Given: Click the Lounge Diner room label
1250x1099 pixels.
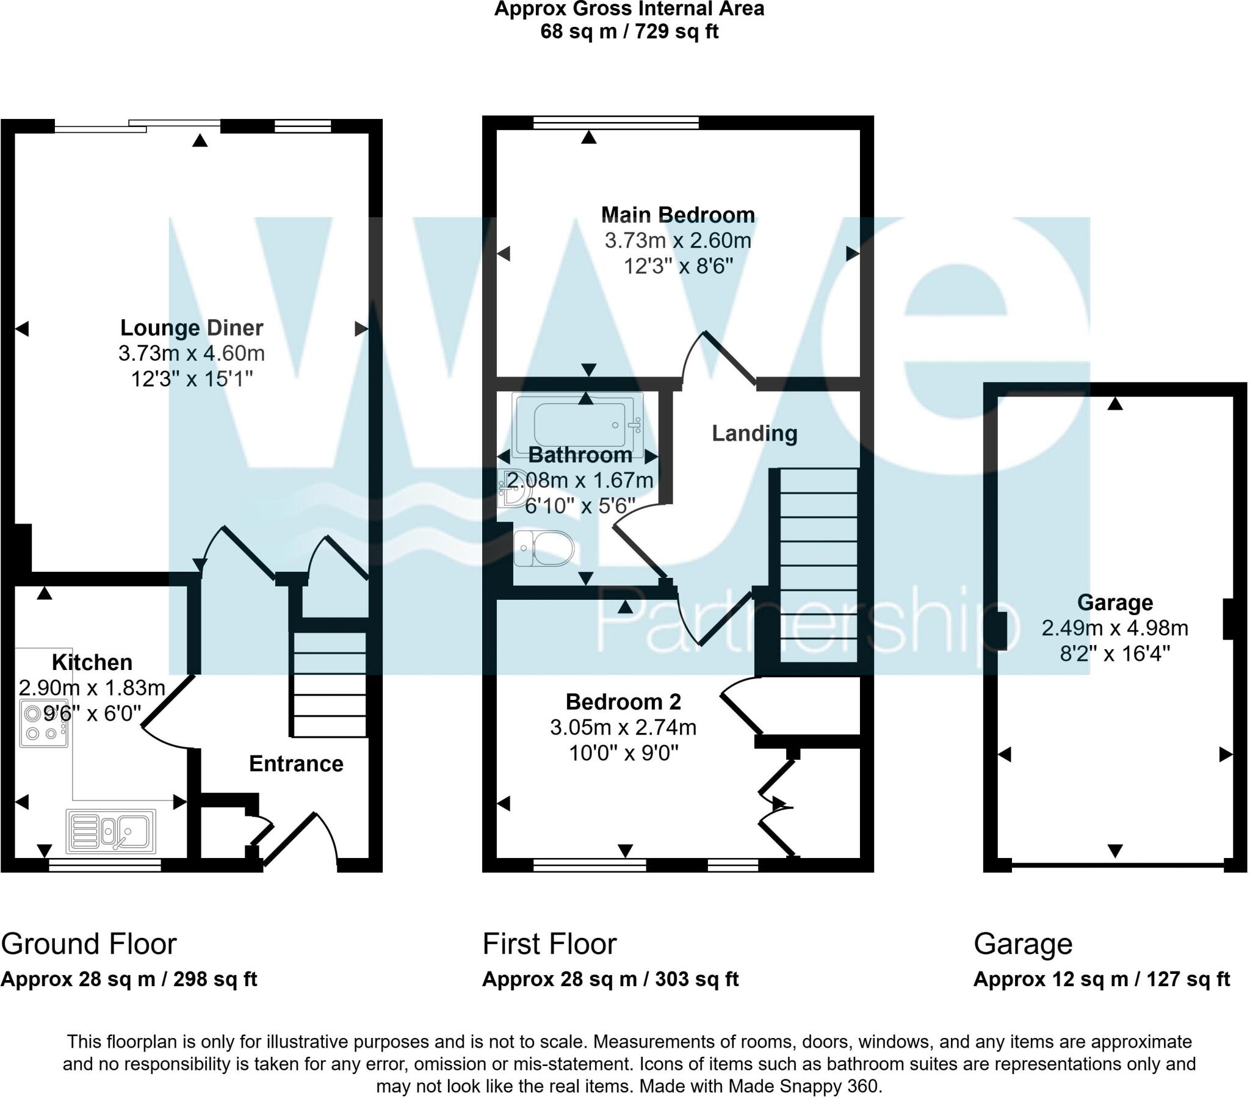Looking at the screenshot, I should (192, 328).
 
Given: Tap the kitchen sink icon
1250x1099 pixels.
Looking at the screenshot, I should (110, 831).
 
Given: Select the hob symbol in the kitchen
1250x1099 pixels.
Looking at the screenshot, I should (44, 724).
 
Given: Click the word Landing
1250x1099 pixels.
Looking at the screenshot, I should (754, 434).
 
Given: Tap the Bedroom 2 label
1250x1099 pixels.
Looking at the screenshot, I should (623, 702).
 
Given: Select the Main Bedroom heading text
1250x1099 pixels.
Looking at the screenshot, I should (677, 215).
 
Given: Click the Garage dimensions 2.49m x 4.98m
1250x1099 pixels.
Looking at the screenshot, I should (1115, 628).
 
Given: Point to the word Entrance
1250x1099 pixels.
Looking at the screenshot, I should (296, 764).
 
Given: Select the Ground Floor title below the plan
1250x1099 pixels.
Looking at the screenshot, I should (89, 943).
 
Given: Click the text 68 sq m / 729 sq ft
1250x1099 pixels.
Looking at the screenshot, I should (629, 31).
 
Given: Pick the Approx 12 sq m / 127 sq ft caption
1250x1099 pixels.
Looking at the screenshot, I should (1102, 979).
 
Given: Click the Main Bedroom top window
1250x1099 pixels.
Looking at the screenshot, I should (616, 123).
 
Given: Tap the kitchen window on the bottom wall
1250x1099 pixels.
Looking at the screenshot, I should (105, 864).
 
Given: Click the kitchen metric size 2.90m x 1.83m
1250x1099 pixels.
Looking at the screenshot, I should (92, 688).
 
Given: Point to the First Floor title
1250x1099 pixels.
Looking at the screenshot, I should (549, 943).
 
